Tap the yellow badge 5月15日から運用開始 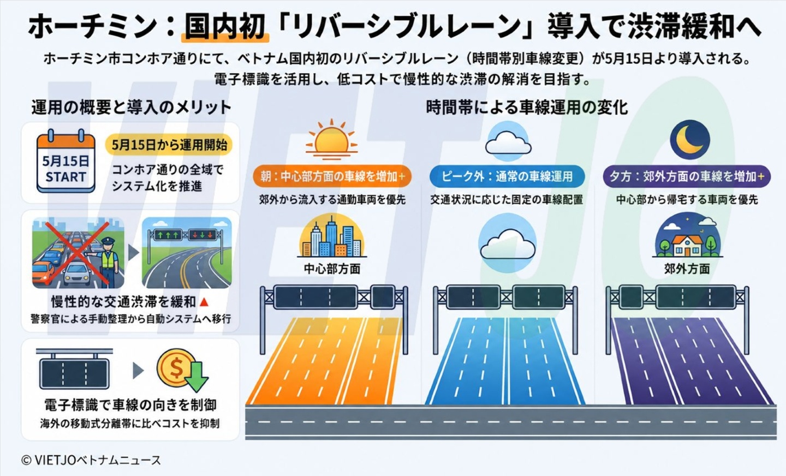coord(169,145)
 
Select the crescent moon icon coord(690,139)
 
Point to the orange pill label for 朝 coord(332,176)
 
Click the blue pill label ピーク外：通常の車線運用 coord(507,176)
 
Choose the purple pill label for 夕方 coord(686,176)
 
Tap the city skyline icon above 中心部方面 coord(332,235)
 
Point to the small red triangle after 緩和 coord(204,302)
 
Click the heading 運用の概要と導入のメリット coord(131,107)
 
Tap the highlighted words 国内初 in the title coord(225,28)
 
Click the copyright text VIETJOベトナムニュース coord(91,460)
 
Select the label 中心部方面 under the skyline coord(332,269)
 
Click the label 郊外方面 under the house coord(687,269)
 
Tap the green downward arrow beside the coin coord(196,377)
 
